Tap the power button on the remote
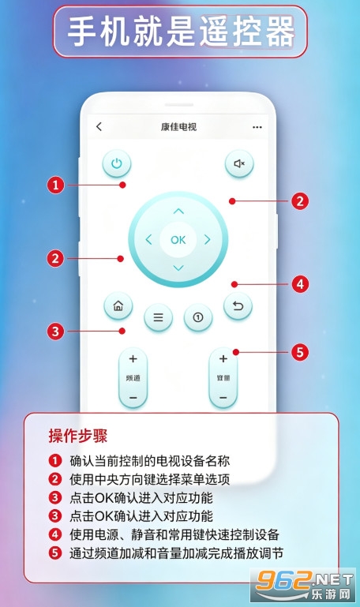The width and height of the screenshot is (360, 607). pyautogui.click(x=117, y=163)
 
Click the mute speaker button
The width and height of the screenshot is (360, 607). pyautogui.click(x=239, y=163)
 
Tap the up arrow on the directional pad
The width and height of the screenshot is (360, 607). pyautogui.click(x=178, y=212)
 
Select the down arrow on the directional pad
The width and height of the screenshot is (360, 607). pyautogui.click(x=178, y=268)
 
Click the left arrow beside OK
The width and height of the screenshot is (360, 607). pyautogui.click(x=148, y=240)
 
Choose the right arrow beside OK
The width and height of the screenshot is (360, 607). pyautogui.click(x=208, y=240)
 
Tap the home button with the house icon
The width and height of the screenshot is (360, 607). pyautogui.click(x=118, y=306)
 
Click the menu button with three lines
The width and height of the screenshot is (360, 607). pyautogui.click(x=159, y=318)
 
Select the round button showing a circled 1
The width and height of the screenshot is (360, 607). pyautogui.click(x=198, y=318)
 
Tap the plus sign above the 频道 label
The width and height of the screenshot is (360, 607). pyautogui.click(x=133, y=359)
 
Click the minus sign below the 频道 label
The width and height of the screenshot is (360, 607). pyautogui.click(x=133, y=398)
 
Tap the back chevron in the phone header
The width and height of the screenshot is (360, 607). pyautogui.click(x=99, y=126)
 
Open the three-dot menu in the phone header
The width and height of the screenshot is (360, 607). pyautogui.click(x=257, y=127)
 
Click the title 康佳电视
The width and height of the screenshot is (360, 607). pyautogui.click(x=179, y=126)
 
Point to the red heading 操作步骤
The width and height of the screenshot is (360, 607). pyautogui.click(x=78, y=436)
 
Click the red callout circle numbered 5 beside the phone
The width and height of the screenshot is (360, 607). pyautogui.click(x=300, y=352)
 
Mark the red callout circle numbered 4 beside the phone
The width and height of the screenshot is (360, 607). pyautogui.click(x=300, y=284)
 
